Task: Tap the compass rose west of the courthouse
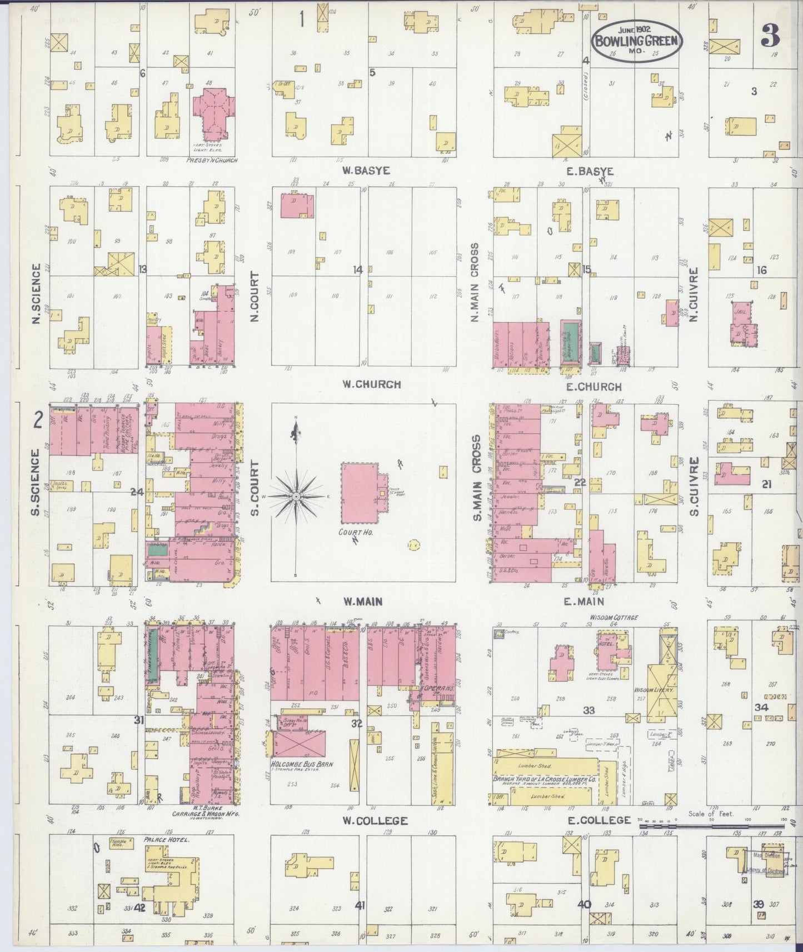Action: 296,495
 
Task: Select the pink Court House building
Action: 360,493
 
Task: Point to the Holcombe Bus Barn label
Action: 301,764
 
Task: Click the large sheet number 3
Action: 770,36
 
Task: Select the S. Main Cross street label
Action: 476,478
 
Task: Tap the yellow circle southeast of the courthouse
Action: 413,545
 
